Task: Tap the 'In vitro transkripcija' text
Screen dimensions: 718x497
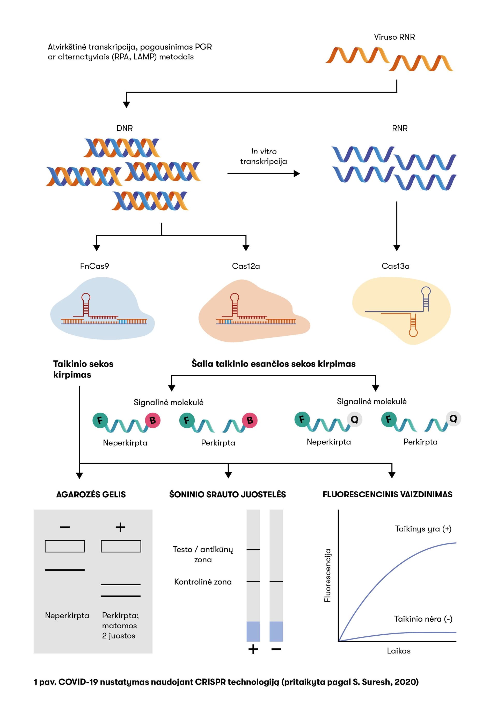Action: click(264, 156)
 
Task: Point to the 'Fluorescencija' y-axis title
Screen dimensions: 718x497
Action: click(327, 576)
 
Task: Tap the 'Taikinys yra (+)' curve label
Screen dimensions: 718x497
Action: click(423, 529)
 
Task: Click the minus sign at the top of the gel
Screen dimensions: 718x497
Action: click(65, 527)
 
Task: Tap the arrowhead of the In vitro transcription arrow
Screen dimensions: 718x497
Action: click(297, 174)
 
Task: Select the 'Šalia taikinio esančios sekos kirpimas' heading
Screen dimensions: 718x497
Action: click(273, 364)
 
